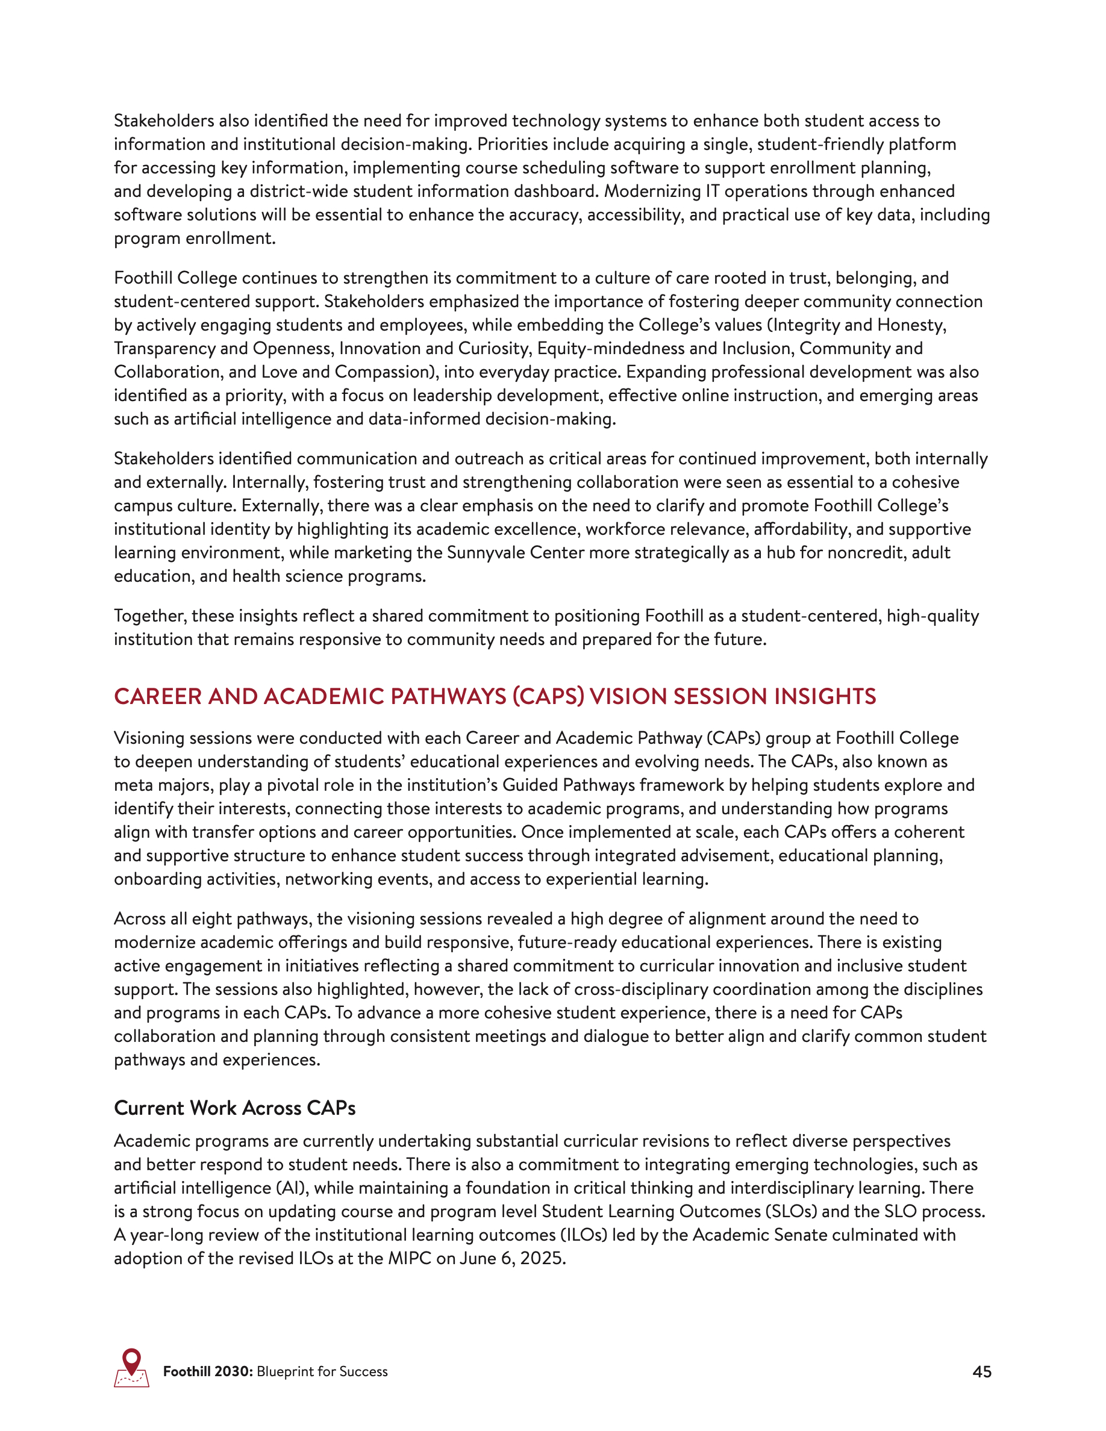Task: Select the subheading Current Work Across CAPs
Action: (x=234, y=1108)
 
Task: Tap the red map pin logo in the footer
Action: (x=132, y=1368)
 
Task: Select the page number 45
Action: (x=981, y=1372)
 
